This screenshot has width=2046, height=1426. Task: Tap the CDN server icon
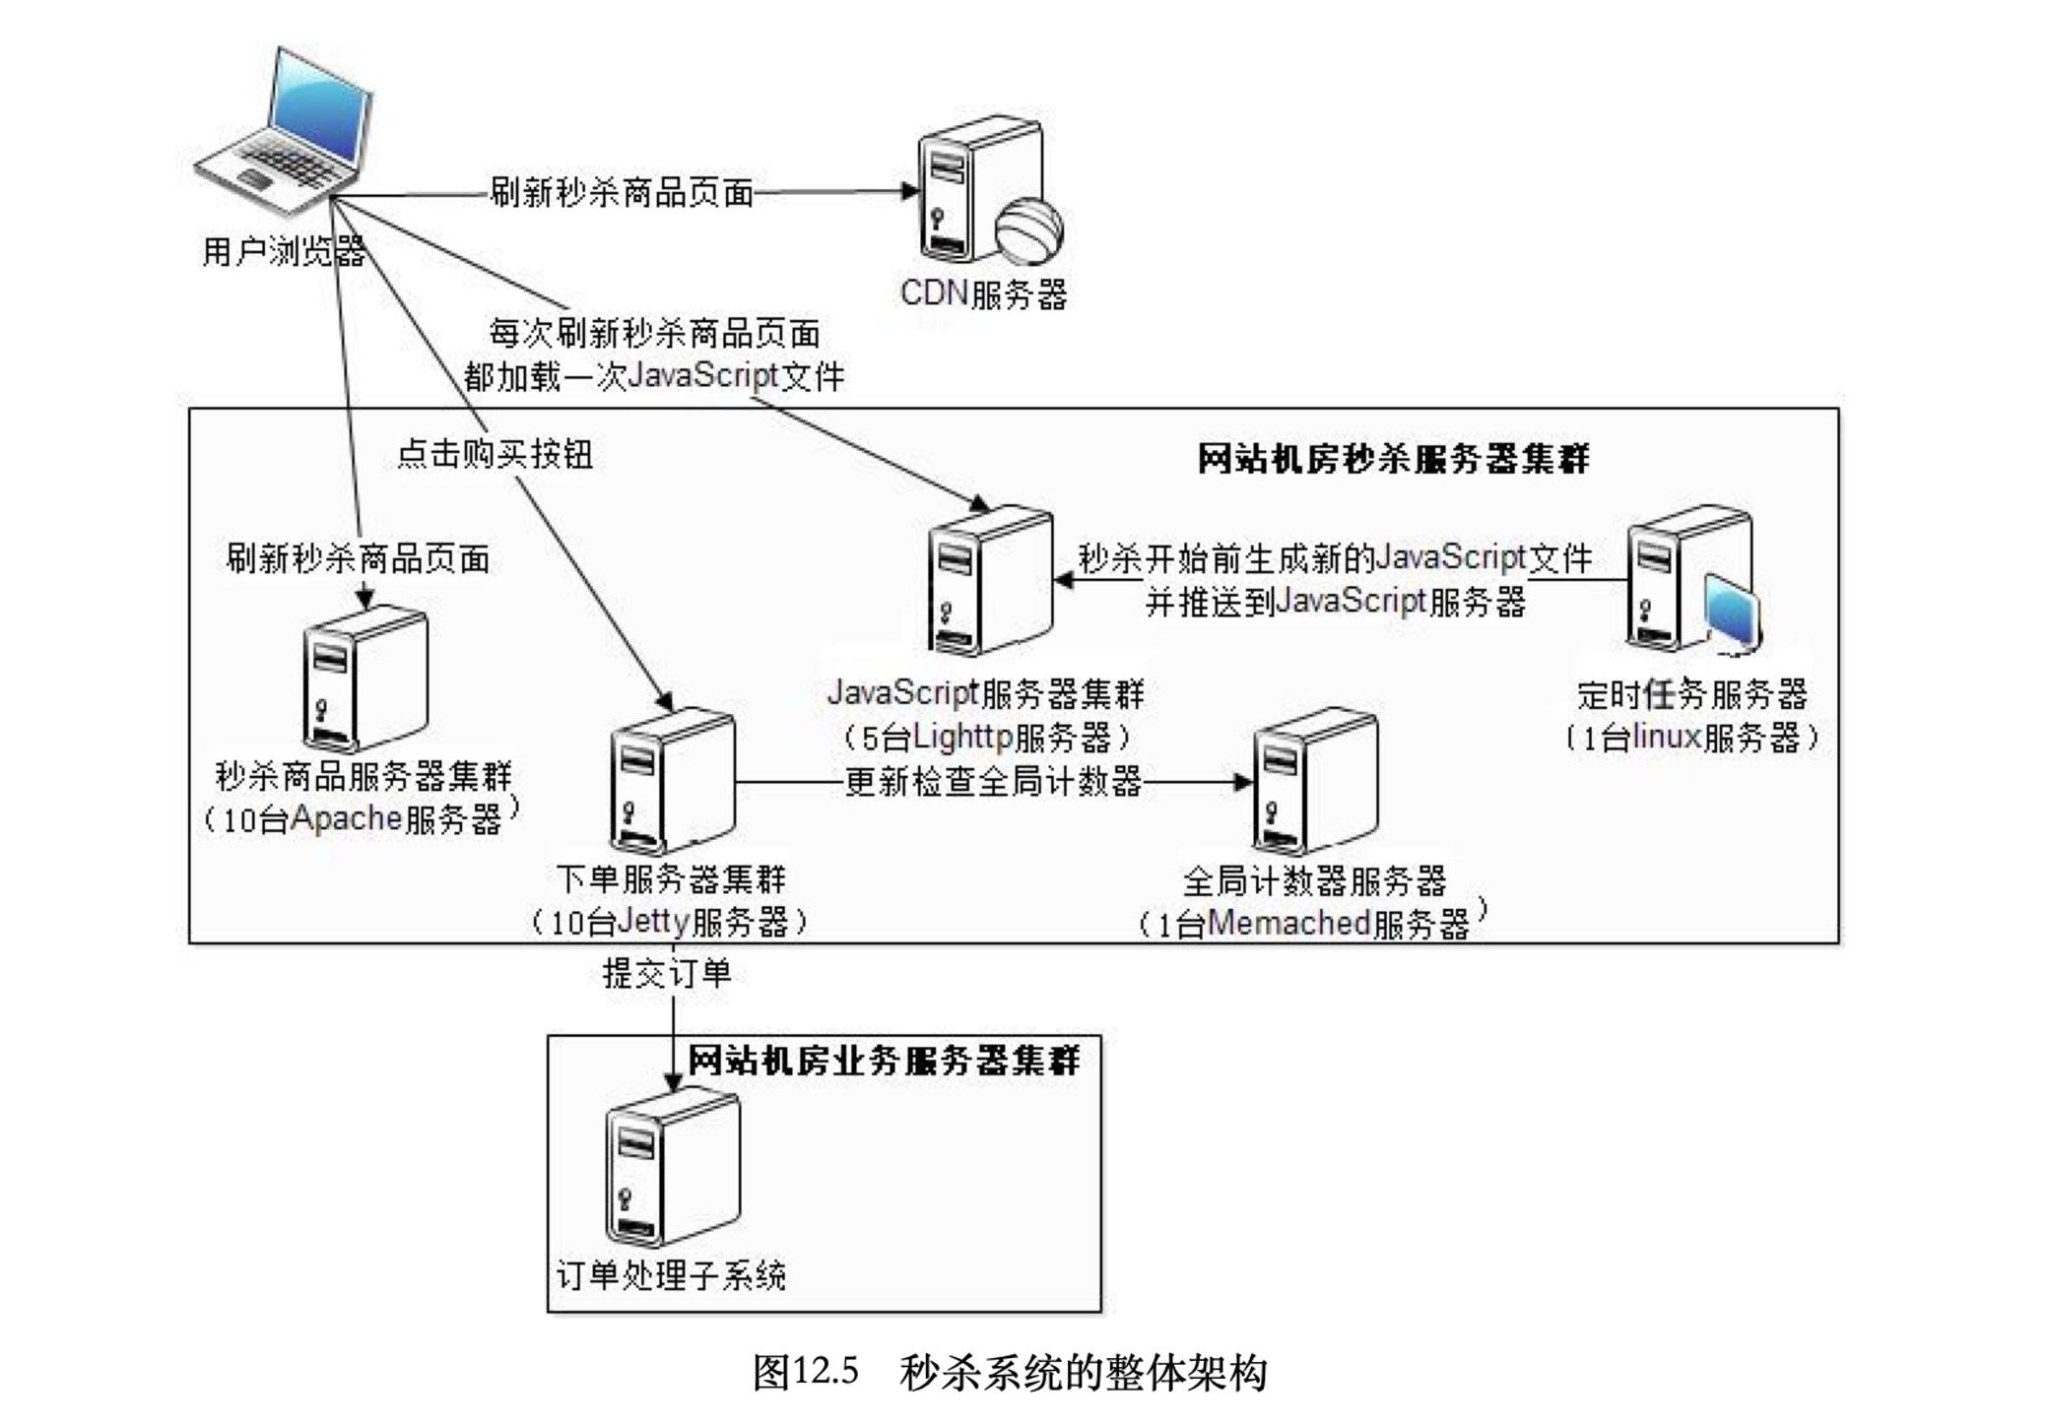tap(980, 190)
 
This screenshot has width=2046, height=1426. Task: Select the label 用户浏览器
tap(284, 252)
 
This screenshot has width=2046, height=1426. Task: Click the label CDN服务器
tap(983, 293)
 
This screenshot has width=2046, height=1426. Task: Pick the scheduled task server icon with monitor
tap(1690, 581)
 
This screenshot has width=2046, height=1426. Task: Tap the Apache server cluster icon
tap(364, 680)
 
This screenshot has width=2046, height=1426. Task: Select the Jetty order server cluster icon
tap(672, 782)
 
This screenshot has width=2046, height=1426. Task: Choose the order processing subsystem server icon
tap(672, 1169)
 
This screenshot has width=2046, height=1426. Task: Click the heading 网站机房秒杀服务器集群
tap(1393, 459)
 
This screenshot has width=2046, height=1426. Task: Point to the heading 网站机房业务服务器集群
tap(883, 1061)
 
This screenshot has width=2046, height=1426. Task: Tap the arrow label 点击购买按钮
tap(495, 454)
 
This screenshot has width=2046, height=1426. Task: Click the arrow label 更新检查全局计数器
tap(993, 782)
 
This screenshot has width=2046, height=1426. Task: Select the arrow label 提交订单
tap(667, 974)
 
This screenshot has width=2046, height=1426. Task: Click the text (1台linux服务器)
tap(1691, 737)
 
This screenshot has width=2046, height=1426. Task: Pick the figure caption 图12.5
tap(806, 1371)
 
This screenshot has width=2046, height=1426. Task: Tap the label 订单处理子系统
tap(671, 1276)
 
